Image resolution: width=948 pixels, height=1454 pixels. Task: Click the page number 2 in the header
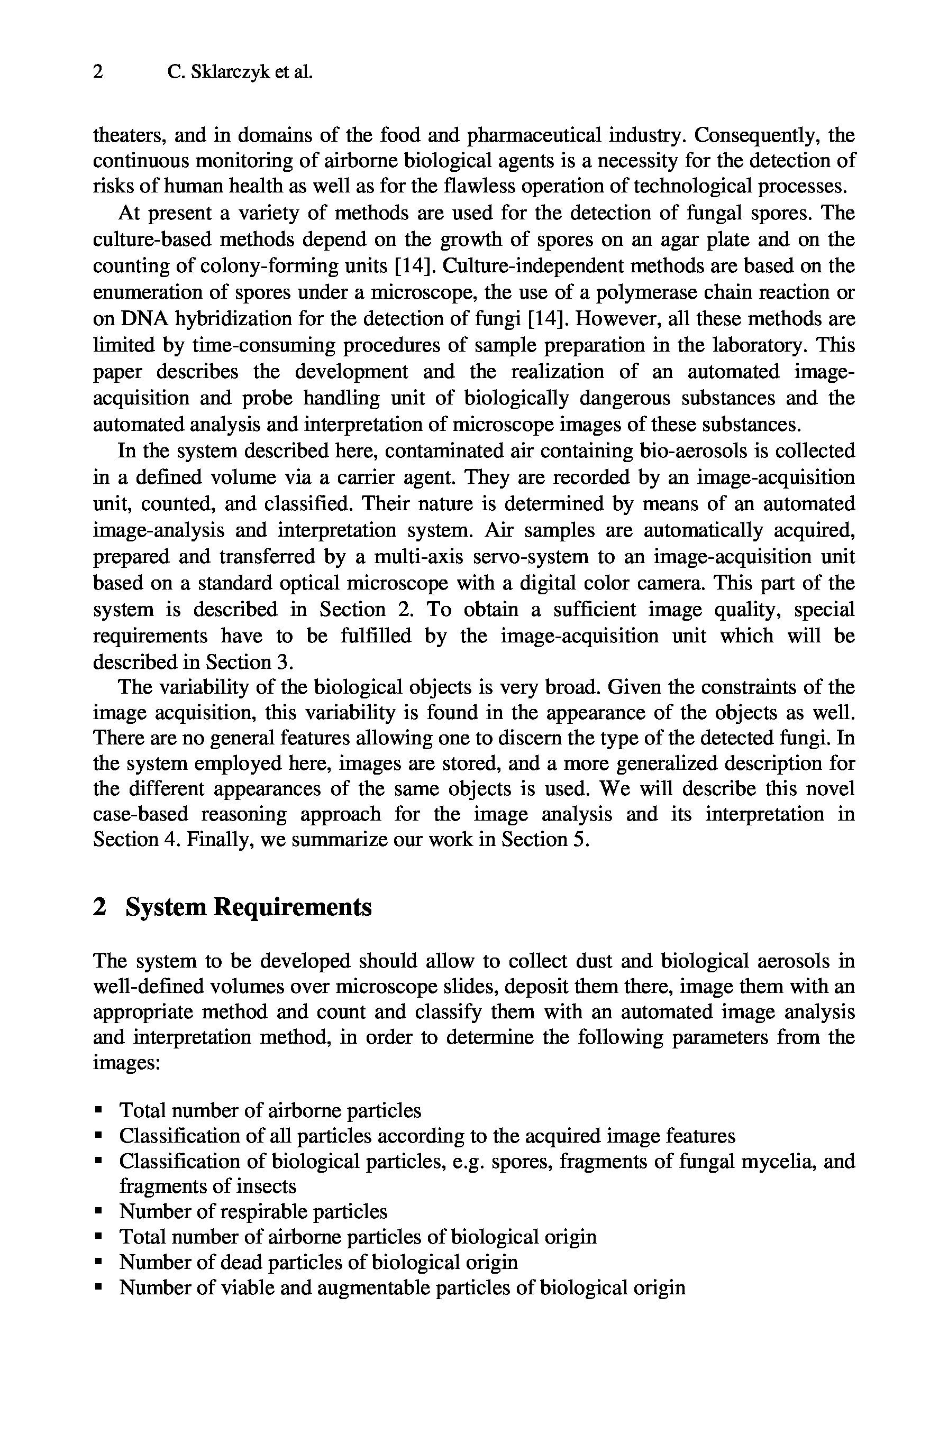(98, 73)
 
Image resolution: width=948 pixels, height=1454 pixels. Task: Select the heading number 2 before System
(98, 907)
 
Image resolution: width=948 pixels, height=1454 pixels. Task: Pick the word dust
(595, 961)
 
